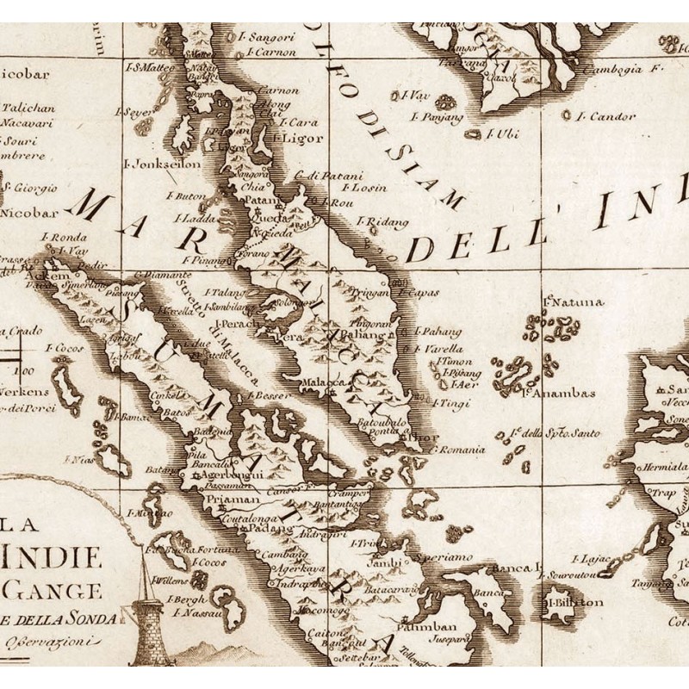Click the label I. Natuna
574,302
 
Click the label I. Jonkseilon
163,163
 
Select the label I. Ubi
500,133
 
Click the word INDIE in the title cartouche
52,560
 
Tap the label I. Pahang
437,331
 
